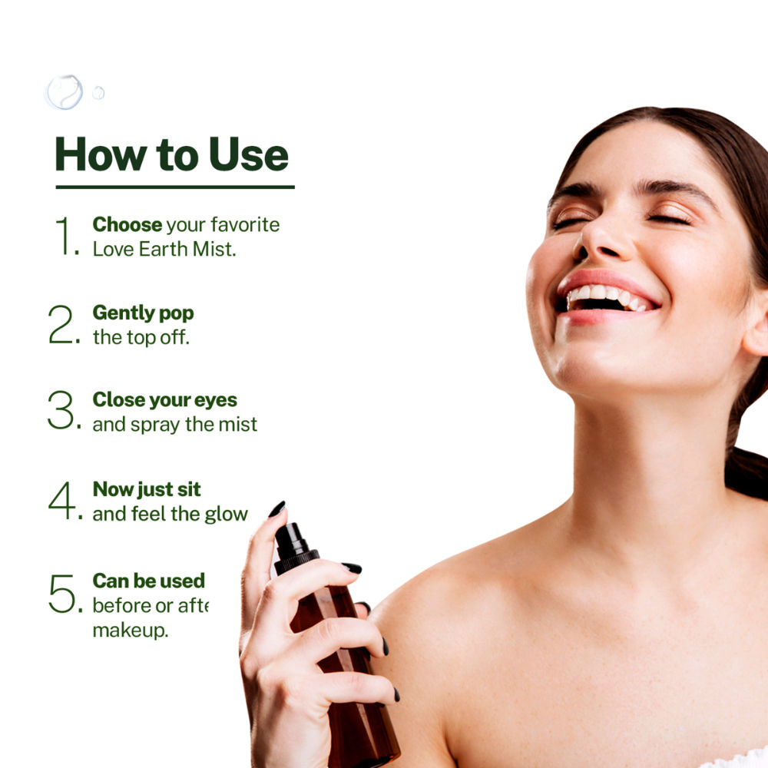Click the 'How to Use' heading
(172, 155)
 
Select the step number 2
(64, 324)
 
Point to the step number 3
(64, 410)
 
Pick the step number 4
(65, 500)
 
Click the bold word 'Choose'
(127, 225)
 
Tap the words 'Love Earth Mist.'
(164, 250)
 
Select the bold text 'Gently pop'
(143, 313)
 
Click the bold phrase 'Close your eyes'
(165, 400)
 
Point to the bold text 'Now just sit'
(147, 490)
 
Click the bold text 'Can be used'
(149, 581)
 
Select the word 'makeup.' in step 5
(131, 631)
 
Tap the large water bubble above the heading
(65, 92)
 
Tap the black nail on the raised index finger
(277, 509)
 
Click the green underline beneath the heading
(175, 187)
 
